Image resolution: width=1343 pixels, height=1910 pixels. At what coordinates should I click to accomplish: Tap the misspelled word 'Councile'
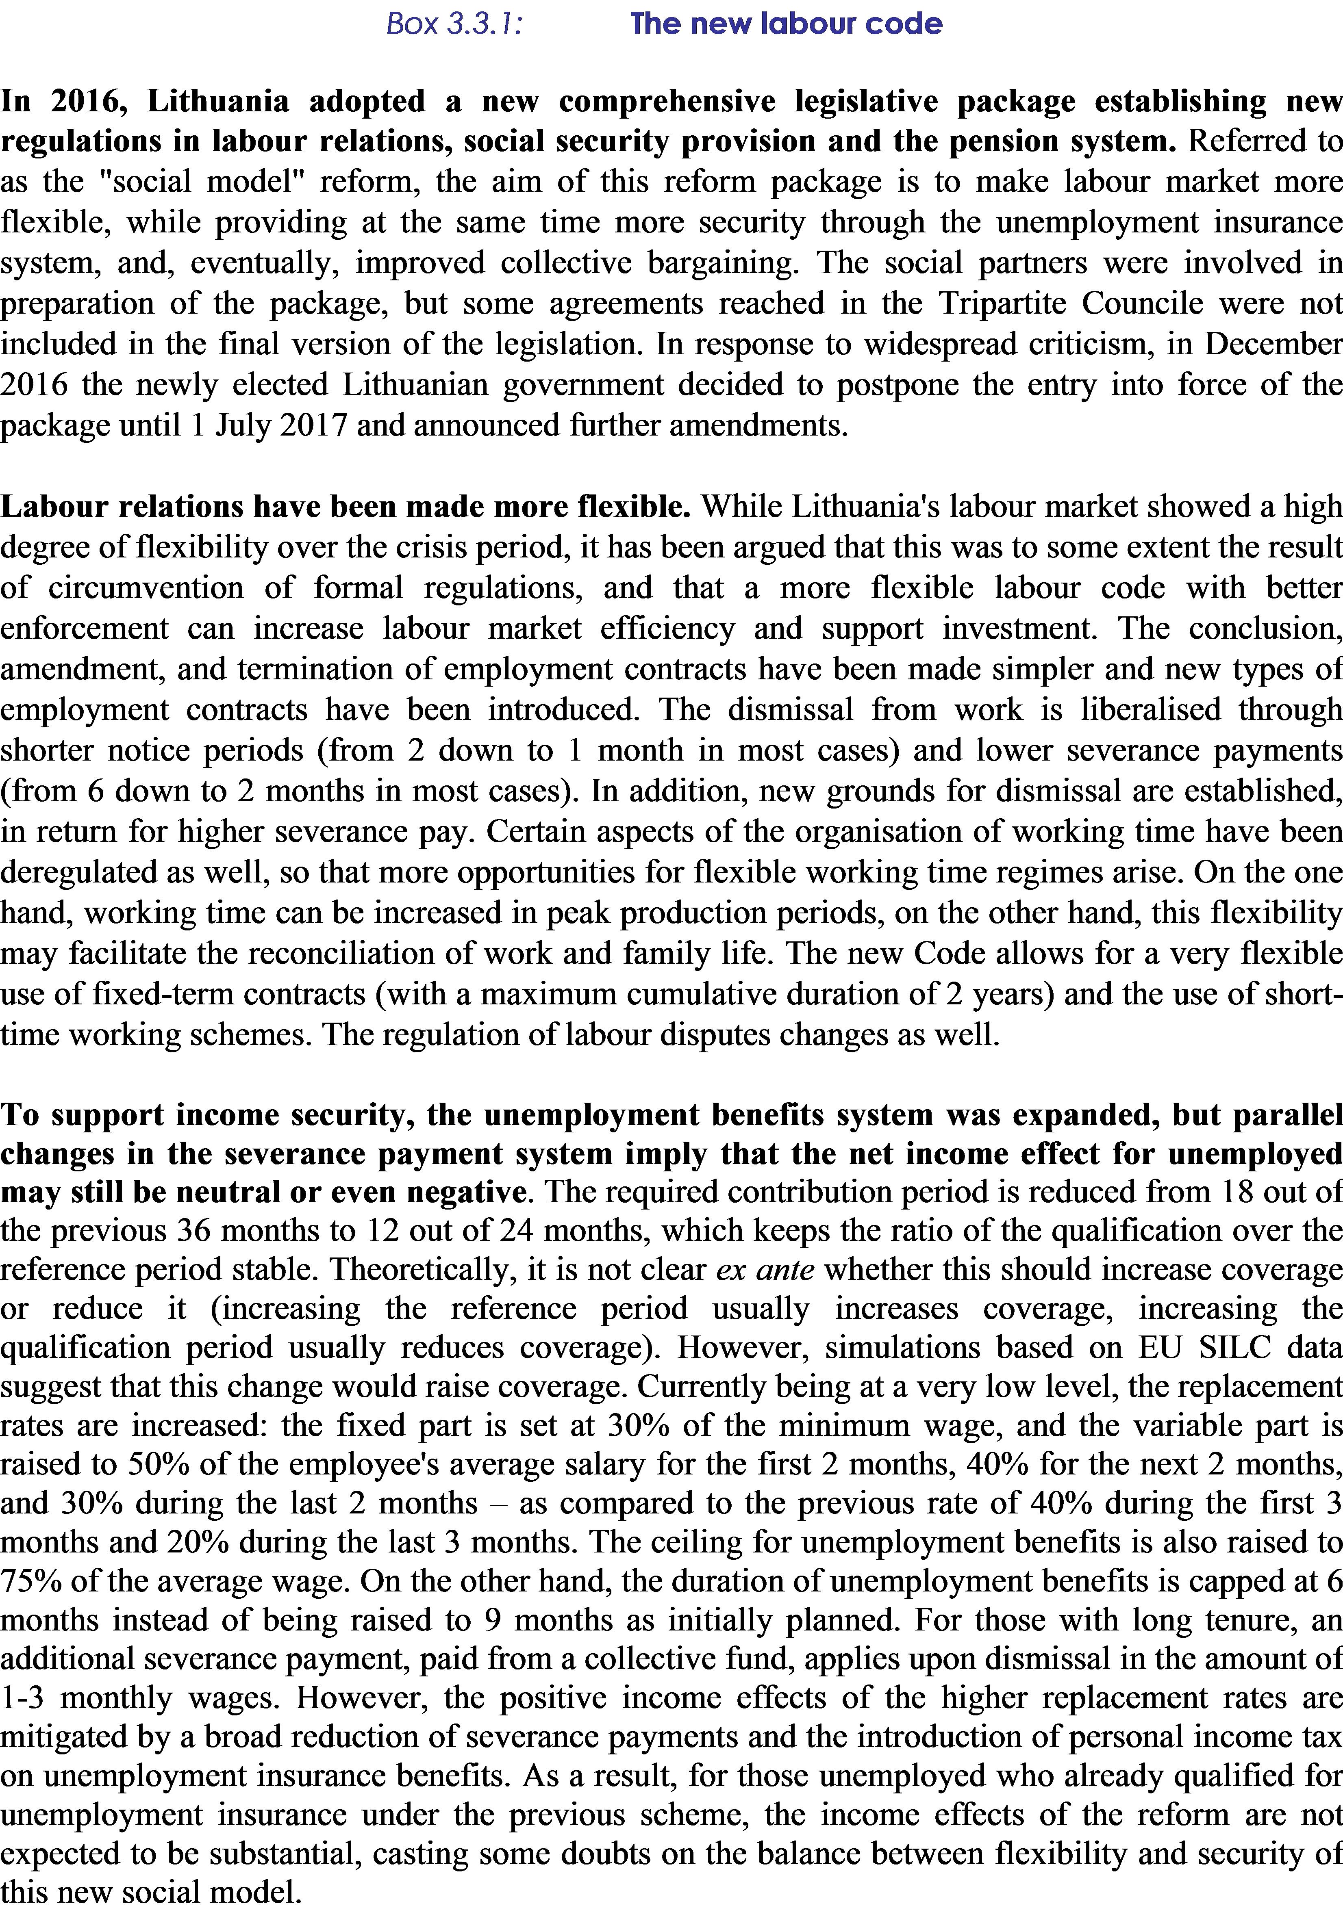(1142, 304)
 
